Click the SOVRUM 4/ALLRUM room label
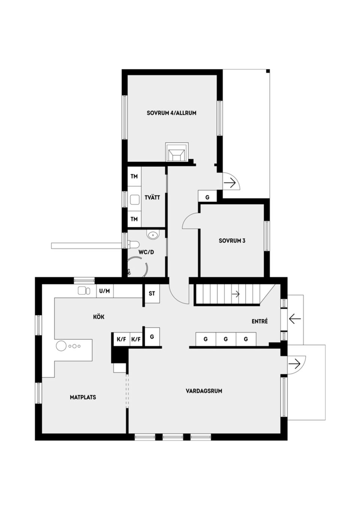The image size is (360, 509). (x=171, y=113)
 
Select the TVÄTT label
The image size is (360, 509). (x=152, y=198)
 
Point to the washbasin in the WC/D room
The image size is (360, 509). (x=153, y=235)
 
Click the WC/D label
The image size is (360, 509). (x=146, y=252)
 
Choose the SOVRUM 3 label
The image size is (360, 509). (x=232, y=241)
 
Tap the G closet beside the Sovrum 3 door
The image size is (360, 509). (x=207, y=197)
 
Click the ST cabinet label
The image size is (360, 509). (x=152, y=293)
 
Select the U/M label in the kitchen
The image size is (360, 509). (x=105, y=291)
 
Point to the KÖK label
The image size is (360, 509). (x=99, y=317)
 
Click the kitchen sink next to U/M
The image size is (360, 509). (x=84, y=291)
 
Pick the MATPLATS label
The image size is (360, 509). (x=83, y=397)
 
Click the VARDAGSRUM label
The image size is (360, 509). (x=204, y=391)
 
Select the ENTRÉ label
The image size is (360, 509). (x=259, y=321)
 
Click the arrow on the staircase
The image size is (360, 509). (x=235, y=294)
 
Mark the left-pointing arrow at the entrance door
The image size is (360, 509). (x=295, y=319)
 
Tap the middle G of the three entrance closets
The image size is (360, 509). (x=226, y=339)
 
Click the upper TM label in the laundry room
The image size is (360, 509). (x=134, y=176)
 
